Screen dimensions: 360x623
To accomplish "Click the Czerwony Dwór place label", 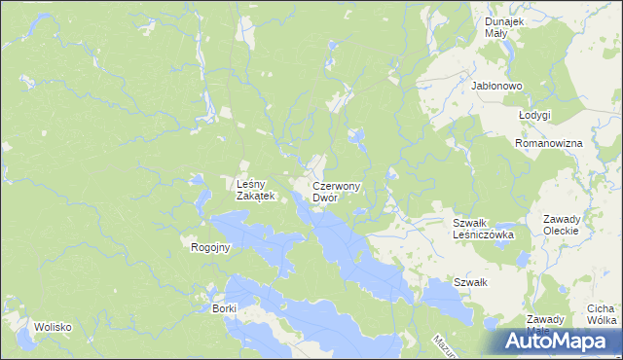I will click(x=337, y=192).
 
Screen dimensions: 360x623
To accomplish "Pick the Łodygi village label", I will click(x=534, y=115).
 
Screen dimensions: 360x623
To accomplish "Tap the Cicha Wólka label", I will click(x=602, y=314).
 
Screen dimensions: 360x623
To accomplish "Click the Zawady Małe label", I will click(x=545, y=324).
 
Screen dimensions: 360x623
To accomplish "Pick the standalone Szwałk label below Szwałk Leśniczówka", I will click(x=470, y=282).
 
